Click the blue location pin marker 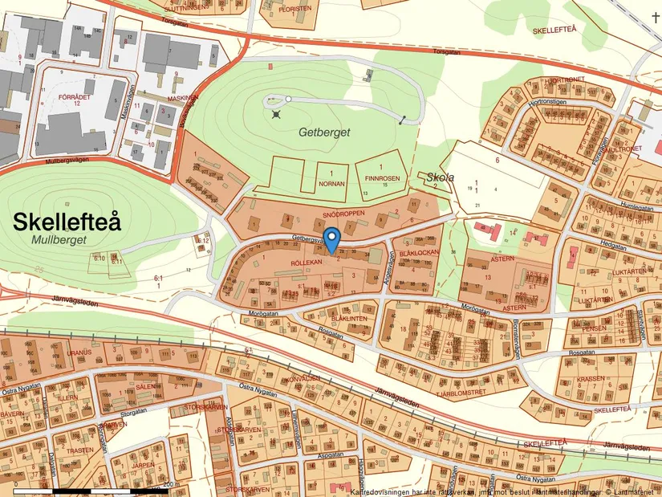click(x=331, y=239)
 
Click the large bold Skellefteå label click(x=67, y=222)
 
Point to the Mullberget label click(x=58, y=239)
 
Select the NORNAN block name click(x=331, y=183)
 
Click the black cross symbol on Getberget click(x=277, y=115)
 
